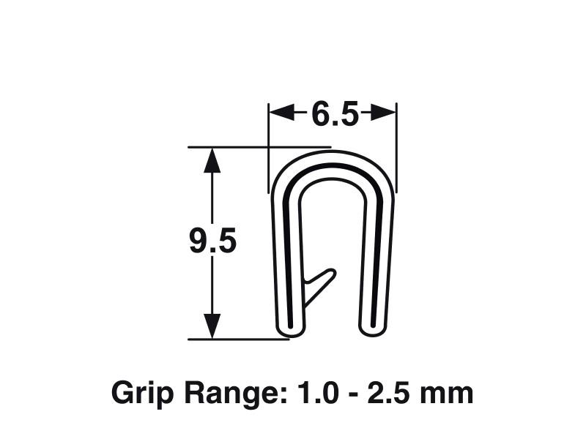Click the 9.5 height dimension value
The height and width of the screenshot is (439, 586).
[x=212, y=241]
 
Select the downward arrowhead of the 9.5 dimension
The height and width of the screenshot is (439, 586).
[x=212, y=326]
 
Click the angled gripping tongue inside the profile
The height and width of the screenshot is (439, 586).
[x=319, y=285]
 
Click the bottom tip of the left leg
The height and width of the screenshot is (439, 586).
[x=289, y=331]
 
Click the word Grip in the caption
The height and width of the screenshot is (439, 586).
[x=136, y=394]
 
